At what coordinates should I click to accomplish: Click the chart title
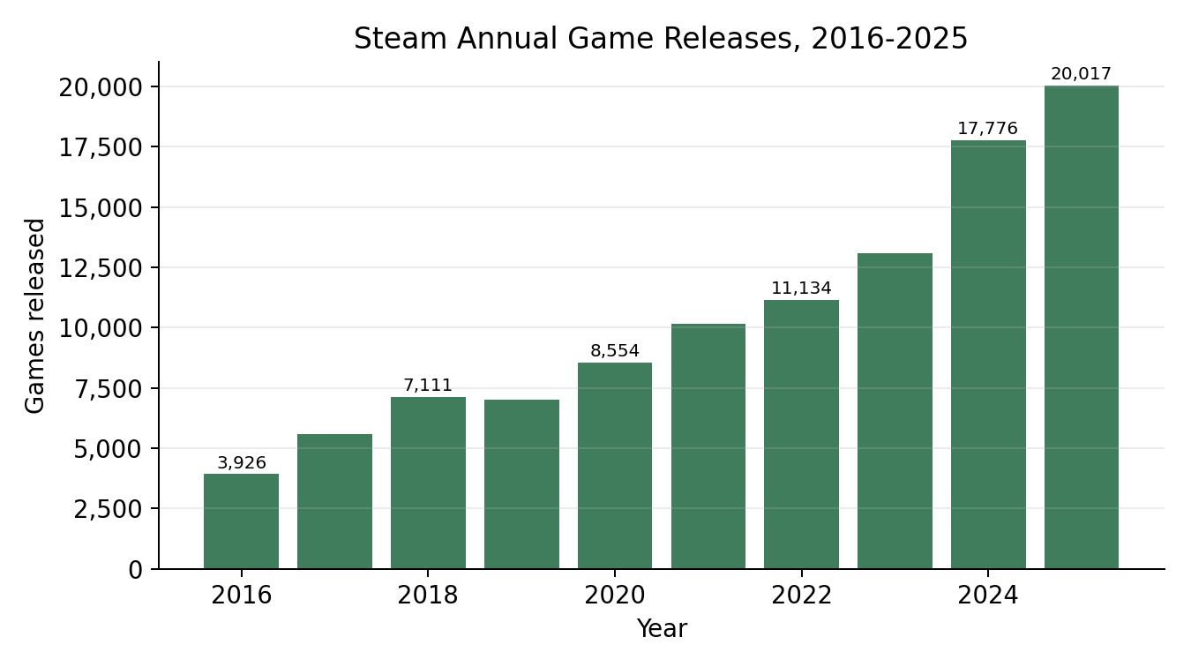661,39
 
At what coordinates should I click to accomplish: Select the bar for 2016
242,521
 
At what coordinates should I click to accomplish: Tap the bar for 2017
335,502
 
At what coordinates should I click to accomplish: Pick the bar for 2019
521,484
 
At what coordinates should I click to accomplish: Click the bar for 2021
708,446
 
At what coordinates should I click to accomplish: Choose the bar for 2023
895,411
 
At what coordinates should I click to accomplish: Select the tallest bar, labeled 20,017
1082,327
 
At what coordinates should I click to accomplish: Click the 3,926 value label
242,462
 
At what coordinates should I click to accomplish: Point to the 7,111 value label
428,385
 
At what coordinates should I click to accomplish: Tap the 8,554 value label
615,350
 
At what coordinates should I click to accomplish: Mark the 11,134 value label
801,289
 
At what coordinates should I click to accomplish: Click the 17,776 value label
988,128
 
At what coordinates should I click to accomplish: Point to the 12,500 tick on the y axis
101,268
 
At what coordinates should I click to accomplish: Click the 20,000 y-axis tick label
101,87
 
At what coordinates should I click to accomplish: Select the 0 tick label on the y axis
136,570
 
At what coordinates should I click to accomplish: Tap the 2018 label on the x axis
428,595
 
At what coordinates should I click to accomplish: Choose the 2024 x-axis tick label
988,595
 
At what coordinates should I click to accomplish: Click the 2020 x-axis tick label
615,595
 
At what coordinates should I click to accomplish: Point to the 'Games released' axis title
35,316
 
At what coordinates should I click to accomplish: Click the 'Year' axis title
662,629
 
